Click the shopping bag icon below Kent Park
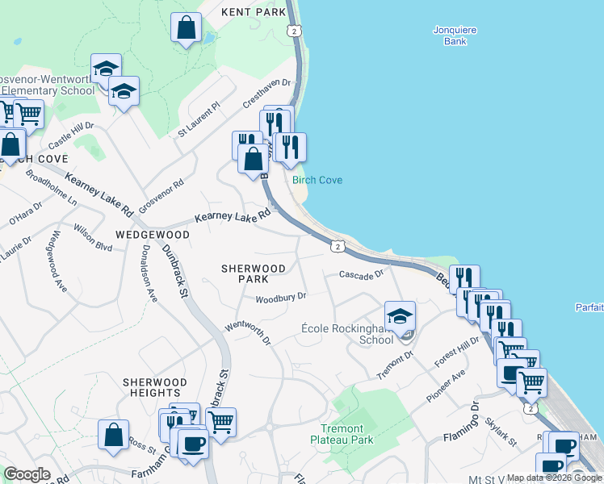click(x=187, y=28)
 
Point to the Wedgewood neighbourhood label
click(x=152, y=235)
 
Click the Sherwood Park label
click(x=254, y=273)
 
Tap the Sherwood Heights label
click(x=155, y=387)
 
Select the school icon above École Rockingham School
click(x=400, y=317)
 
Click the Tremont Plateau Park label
click(x=342, y=434)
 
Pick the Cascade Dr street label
click(x=361, y=275)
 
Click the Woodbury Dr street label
click(x=281, y=298)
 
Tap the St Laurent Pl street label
click(x=199, y=118)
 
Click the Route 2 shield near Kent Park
click(x=295, y=30)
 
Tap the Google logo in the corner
click(x=27, y=474)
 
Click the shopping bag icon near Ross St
click(x=113, y=434)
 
